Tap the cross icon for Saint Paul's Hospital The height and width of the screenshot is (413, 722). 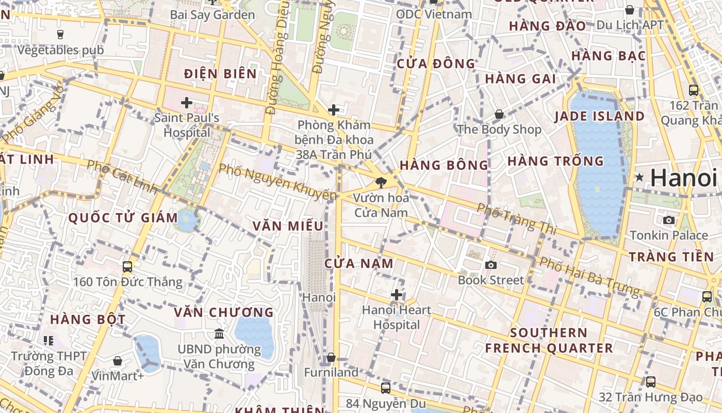tap(187, 103)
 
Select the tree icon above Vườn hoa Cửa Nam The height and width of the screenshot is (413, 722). tap(381, 182)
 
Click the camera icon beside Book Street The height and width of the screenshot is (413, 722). tap(491, 265)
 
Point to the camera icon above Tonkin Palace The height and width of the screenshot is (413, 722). tap(669, 220)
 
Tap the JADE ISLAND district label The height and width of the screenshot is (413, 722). tap(599, 116)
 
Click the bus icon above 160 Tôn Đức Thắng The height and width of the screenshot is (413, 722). tap(127, 267)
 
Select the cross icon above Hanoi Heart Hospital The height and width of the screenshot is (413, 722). tap(396, 295)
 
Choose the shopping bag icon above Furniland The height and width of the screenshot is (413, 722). tap(331, 357)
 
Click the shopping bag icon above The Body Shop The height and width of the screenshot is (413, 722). tap(499, 114)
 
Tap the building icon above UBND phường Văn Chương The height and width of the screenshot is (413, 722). tap(219, 334)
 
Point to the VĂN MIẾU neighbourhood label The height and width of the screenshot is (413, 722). tap(288, 226)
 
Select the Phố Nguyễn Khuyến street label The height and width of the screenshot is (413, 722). tap(278, 182)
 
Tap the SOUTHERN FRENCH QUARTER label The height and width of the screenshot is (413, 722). tap(549, 340)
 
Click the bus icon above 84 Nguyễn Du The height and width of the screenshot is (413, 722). tap(385, 388)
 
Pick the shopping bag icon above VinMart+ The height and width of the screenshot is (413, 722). tap(118, 361)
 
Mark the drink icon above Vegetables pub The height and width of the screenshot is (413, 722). tap(60, 35)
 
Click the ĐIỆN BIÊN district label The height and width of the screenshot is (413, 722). tap(220, 74)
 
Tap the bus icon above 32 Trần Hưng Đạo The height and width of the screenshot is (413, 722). tap(651, 382)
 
